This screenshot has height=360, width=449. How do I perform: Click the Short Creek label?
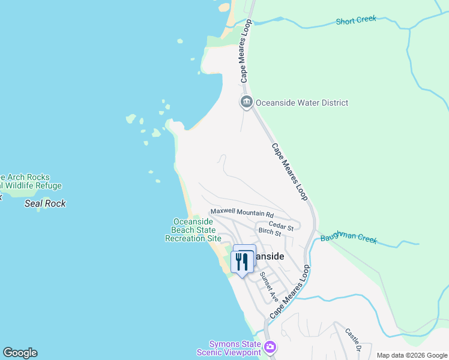356,20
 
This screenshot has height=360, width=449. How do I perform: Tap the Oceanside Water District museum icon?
246,103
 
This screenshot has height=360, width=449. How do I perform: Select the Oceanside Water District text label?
302,103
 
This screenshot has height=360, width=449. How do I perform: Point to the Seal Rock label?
45,203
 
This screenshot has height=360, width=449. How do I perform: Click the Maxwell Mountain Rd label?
242,214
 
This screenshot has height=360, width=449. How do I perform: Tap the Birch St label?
270,232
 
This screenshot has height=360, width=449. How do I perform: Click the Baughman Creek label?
348,238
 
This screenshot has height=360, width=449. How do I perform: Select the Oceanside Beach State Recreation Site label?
193,230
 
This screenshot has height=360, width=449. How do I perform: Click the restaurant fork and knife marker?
242,261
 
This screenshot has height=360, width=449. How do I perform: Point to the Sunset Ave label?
269,287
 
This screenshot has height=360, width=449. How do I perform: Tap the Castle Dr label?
353,339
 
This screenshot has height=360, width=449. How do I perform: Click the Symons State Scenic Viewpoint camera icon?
270,347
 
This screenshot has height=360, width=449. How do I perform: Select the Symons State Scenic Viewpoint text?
235,348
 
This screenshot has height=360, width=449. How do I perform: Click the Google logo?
20,353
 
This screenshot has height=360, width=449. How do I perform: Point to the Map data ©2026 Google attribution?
411,355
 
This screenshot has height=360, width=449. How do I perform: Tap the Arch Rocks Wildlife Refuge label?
30,181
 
